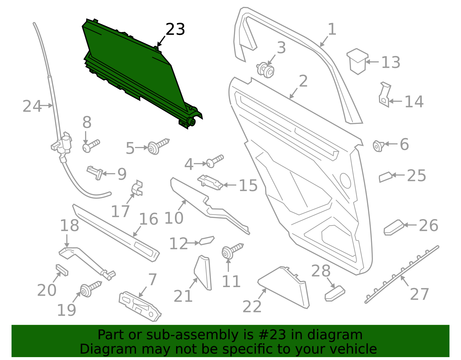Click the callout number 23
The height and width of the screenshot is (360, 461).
[175, 29]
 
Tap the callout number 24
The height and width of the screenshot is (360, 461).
[32, 106]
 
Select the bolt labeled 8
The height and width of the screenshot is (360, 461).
[91, 146]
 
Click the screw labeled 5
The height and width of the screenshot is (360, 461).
[158, 146]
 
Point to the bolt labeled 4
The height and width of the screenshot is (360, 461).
[215, 161]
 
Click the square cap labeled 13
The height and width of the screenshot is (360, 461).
[357, 61]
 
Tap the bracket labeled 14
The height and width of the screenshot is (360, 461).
[385, 95]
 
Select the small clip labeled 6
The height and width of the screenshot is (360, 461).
[379, 146]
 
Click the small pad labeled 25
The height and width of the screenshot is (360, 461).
[386, 177]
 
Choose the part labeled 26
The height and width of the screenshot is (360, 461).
[394, 228]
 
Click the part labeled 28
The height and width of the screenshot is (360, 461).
[335, 293]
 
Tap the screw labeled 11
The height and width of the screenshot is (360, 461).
[233, 251]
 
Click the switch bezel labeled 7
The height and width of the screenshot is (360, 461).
[140, 306]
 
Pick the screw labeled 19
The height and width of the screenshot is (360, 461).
[91, 289]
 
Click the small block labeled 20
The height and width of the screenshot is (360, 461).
[62, 270]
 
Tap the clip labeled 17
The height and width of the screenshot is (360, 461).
[137, 188]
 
